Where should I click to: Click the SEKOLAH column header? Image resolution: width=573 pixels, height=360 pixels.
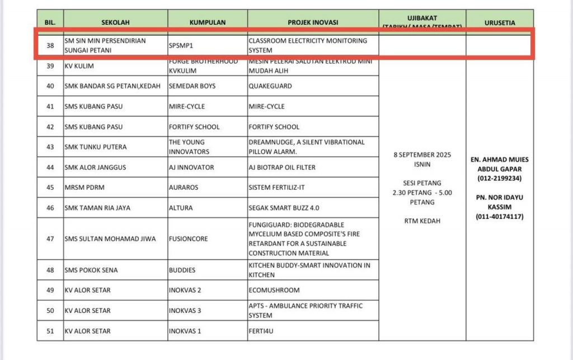click(115, 22)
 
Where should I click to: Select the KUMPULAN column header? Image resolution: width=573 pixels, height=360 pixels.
click(208, 22)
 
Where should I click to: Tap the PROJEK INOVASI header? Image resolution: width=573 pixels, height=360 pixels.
click(313, 22)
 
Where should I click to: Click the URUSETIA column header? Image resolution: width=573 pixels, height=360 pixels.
click(500, 22)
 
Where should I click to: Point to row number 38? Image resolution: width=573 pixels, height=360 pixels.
click(50, 45)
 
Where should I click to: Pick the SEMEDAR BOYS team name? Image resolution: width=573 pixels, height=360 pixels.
click(192, 86)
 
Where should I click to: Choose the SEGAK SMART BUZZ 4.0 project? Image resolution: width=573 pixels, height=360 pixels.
click(284, 208)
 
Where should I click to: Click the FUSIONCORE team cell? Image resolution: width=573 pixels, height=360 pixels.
click(188, 239)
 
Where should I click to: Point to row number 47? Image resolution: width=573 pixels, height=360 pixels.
click(50, 239)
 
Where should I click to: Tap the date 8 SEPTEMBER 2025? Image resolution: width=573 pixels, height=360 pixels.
click(422, 155)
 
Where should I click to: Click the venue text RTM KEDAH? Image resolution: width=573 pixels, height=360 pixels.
click(422, 221)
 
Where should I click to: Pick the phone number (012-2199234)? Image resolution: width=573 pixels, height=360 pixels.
click(500, 178)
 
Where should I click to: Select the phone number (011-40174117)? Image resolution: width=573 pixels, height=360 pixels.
click(500, 217)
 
